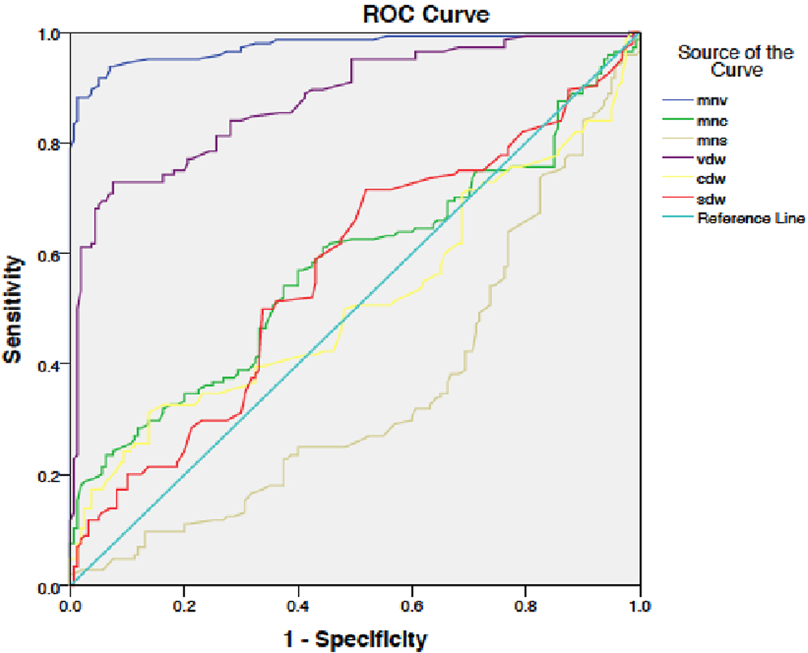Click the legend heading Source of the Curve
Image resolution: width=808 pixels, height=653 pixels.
[736, 62]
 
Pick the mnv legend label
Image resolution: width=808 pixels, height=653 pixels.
[711, 101]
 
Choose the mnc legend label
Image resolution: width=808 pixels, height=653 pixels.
[711, 121]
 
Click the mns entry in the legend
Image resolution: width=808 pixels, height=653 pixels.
[711, 140]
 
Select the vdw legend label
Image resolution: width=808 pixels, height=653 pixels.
[711, 160]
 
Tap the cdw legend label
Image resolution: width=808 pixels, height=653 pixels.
[711, 179]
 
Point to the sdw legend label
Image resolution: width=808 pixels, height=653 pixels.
[711, 199]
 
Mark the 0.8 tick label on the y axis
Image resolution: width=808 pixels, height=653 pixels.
[50, 144]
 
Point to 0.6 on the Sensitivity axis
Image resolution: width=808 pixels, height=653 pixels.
[50, 254]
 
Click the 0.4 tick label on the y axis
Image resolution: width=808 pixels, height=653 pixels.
[50, 364]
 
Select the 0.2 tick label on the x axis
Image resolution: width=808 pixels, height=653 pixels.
[184, 604]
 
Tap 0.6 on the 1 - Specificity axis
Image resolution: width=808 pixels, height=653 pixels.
[413, 604]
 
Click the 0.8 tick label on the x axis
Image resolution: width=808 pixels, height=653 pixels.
[526, 604]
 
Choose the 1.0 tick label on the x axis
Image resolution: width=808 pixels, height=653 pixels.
[640, 604]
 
